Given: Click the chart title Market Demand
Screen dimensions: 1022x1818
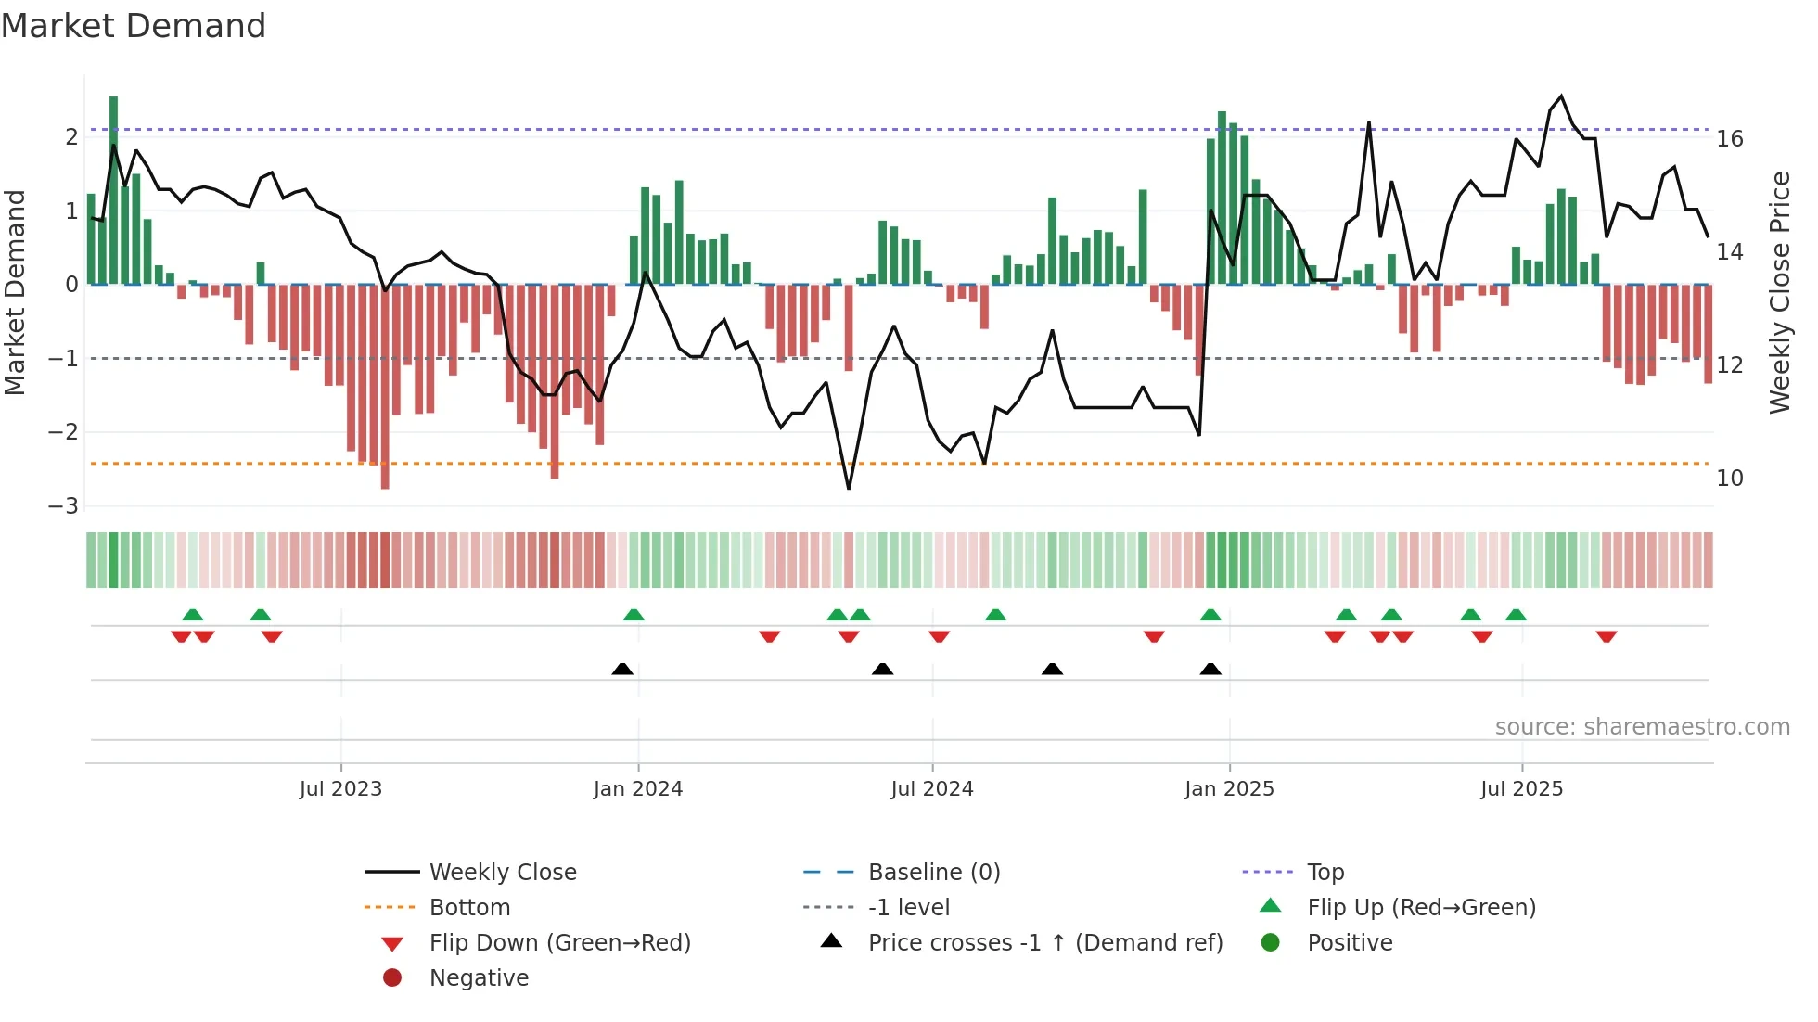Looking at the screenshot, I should click(x=134, y=26).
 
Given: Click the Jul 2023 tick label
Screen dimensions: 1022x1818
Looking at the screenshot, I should click(x=340, y=789).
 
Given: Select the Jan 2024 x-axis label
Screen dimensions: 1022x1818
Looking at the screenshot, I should click(x=638, y=789).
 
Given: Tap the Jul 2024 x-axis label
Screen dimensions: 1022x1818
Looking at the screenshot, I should click(x=932, y=789).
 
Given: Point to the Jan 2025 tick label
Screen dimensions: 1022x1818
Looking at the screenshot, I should click(x=1229, y=789).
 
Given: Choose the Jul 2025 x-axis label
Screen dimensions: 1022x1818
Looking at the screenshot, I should click(x=1521, y=789).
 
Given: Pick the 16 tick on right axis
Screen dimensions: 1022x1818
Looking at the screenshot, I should click(x=1730, y=139).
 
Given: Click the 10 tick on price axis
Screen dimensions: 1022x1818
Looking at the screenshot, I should click(x=1730, y=479).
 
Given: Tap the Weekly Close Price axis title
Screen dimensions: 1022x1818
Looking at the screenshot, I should click(x=1780, y=292).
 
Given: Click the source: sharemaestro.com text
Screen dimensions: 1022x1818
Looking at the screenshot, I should click(x=1642, y=727).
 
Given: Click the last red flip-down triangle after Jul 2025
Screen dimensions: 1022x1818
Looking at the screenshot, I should click(x=1607, y=636).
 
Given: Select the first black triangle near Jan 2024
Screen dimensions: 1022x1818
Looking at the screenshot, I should click(x=622, y=669).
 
